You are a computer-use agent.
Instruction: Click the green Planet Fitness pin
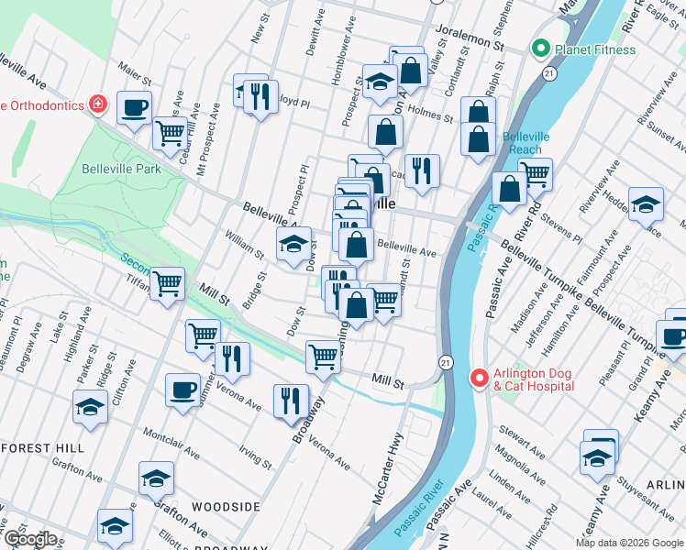(x=541, y=49)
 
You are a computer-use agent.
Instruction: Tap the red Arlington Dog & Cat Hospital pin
(x=478, y=378)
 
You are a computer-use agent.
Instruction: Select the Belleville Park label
(x=121, y=169)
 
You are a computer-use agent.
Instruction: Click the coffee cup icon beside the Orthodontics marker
(x=134, y=108)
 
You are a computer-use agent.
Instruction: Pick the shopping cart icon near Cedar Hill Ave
(x=170, y=133)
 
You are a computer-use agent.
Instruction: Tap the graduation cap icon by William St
(x=293, y=244)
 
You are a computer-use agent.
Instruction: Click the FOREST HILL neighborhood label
(x=43, y=448)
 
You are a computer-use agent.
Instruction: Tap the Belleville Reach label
(x=526, y=143)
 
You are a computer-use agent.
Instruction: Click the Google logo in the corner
(x=29, y=539)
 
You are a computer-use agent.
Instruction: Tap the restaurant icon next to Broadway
(x=291, y=400)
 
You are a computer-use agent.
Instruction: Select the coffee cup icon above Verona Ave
(x=183, y=390)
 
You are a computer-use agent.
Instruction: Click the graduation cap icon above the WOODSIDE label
(x=156, y=478)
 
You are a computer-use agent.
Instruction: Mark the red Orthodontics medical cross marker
(x=97, y=104)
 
